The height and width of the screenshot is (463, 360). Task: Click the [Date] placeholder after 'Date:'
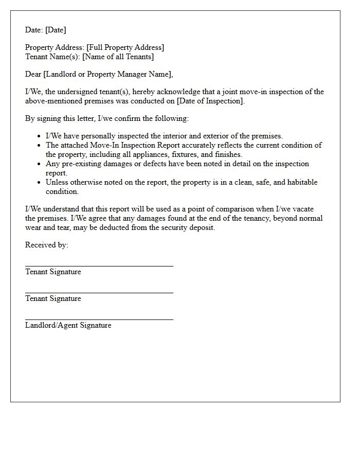click(x=56, y=30)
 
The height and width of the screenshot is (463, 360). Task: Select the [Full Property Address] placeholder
click(x=125, y=48)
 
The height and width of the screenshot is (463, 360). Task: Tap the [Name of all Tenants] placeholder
click(x=118, y=57)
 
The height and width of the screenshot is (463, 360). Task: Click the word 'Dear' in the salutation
click(x=33, y=75)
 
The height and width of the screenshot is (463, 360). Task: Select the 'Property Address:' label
click(x=55, y=48)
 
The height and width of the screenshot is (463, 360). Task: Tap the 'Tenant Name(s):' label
click(x=52, y=57)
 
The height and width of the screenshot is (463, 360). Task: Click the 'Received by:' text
click(x=46, y=245)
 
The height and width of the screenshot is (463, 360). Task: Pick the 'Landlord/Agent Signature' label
click(x=68, y=326)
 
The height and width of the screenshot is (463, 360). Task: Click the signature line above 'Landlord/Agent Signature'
click(x=99, y=319)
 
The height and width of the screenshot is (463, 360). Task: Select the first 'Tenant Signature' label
click(x=53, y=272)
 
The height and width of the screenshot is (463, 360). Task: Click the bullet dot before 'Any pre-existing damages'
click(x=40, y=164)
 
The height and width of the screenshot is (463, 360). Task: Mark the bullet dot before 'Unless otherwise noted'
click(x=40, y=183)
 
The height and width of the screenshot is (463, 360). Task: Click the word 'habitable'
click(x=301, y=183)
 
